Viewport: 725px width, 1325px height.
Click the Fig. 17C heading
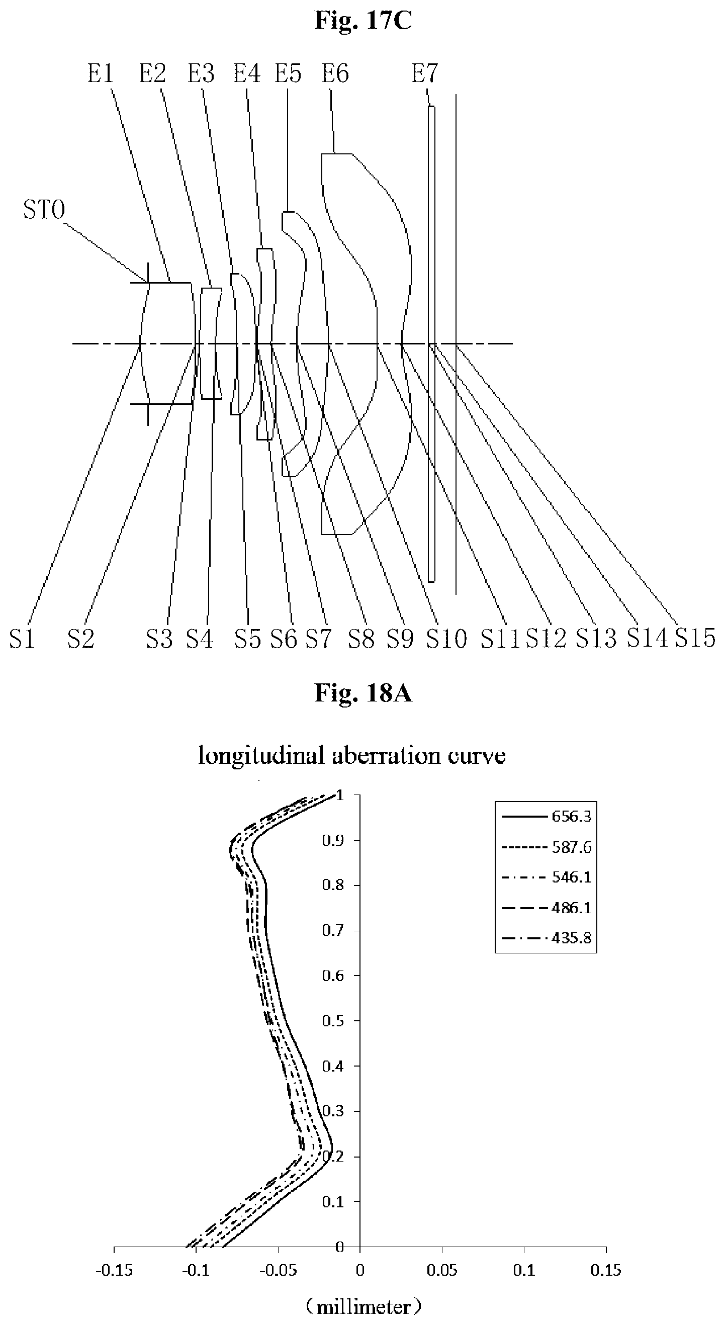pyautogui.click(x=363, y=21)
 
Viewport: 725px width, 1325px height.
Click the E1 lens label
pyautogui.click(x=100, y=73)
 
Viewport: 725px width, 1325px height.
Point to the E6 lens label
pyautogui.click(x=335, y=73)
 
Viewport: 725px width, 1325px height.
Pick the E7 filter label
pyautogui.click(x=425, y=73)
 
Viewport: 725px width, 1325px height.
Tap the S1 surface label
pyautogui.click(x=22, y=639)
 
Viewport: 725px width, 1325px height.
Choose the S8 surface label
pyautogui.click(x=361, y=639)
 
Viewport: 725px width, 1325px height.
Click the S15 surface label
pyautogui.click(x=695, y=638)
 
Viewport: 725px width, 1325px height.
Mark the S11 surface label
pyautogui.click(x=500, y=639)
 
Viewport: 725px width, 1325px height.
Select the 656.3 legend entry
pyautogui.click(x=571, y=816)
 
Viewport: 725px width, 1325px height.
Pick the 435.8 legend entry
pyautogui.click(x=571, y=938)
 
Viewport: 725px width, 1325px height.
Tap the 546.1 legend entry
pyautogui.click(x=571, y=877)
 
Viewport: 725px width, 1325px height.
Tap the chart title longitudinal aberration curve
pyautogui.click(x=352, y=756)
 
